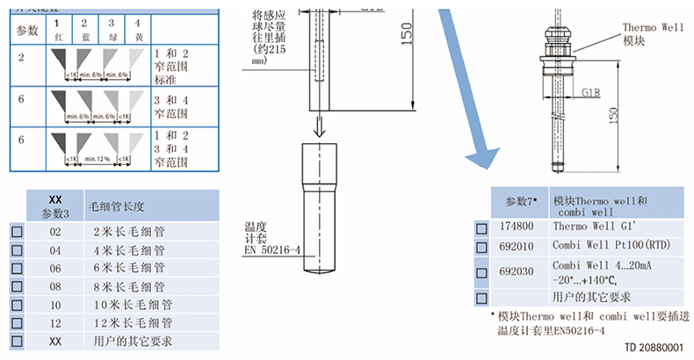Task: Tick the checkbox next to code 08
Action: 16,286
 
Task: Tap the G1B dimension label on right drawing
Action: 590,91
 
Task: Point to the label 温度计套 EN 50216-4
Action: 271,238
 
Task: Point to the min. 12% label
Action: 97,159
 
